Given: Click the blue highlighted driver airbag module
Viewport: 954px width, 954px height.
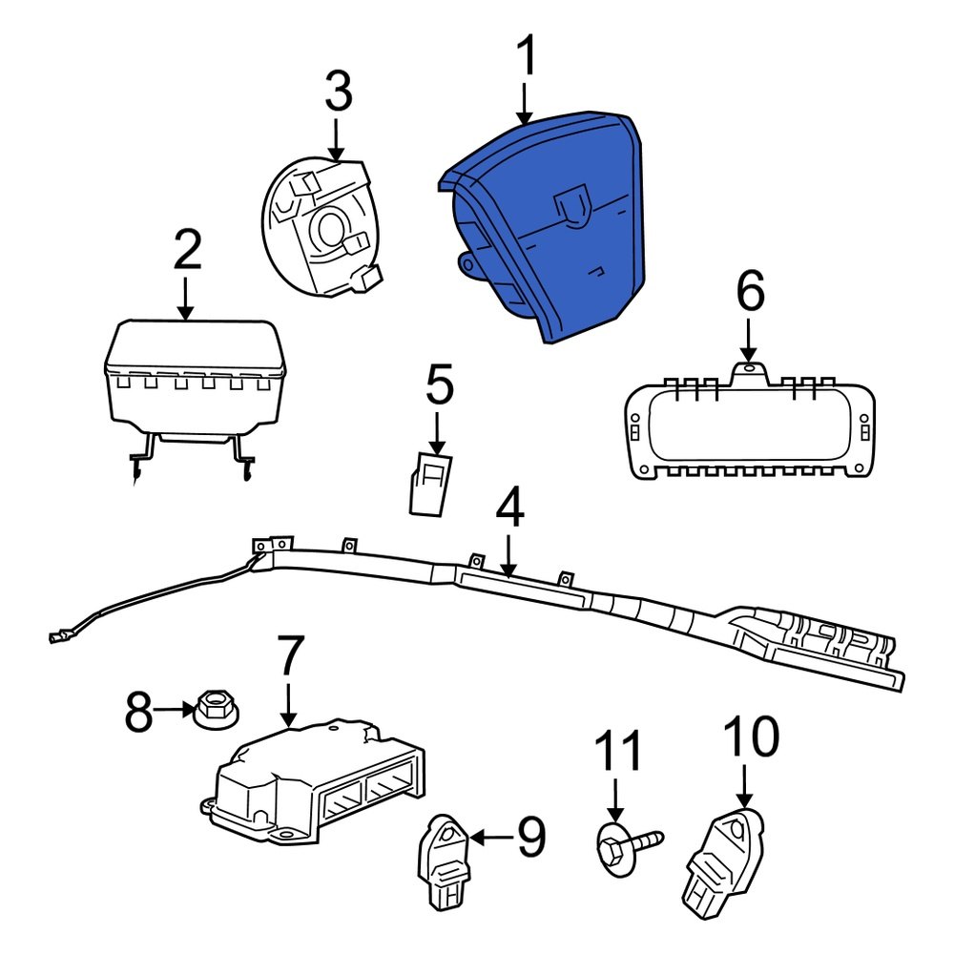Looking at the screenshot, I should coord(553,229).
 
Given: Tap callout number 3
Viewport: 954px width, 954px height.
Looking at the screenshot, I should coord(338,93).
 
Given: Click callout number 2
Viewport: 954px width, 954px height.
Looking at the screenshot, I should coord(187,251).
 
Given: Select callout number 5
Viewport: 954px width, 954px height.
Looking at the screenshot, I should coord(439,386).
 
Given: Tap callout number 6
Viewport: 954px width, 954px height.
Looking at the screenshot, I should coord(750,292).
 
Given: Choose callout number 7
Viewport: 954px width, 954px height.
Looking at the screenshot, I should coord(288,658).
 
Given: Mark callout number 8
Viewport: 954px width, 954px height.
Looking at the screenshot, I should coord(139,712).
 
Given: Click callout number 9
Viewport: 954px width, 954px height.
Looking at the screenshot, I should coord(530,838).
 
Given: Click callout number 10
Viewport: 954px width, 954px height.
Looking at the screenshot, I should coord(750,737).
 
